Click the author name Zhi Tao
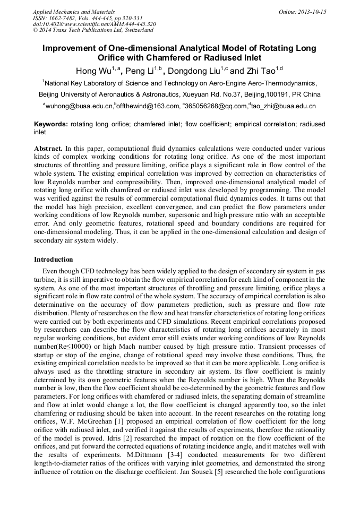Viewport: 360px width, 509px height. (248, 70)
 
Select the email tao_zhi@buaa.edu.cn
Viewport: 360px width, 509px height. (284, 106)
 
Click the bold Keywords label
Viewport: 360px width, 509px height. (51, 124)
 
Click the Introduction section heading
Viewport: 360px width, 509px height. (54, 260)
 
